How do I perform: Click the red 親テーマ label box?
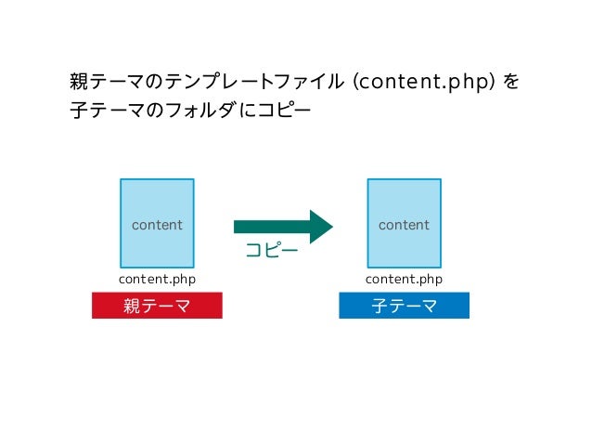click(157, 306)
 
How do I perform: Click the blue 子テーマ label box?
click(404, 306)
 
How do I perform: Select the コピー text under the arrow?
click(271, 251)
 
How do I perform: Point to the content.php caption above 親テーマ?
click(157, 279)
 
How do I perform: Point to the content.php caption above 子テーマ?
click(404, 279)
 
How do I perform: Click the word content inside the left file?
click(157, 225)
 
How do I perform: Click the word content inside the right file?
click(404, 225)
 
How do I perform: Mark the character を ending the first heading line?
click(510, 83)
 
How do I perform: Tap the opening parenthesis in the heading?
click(356, 83)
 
